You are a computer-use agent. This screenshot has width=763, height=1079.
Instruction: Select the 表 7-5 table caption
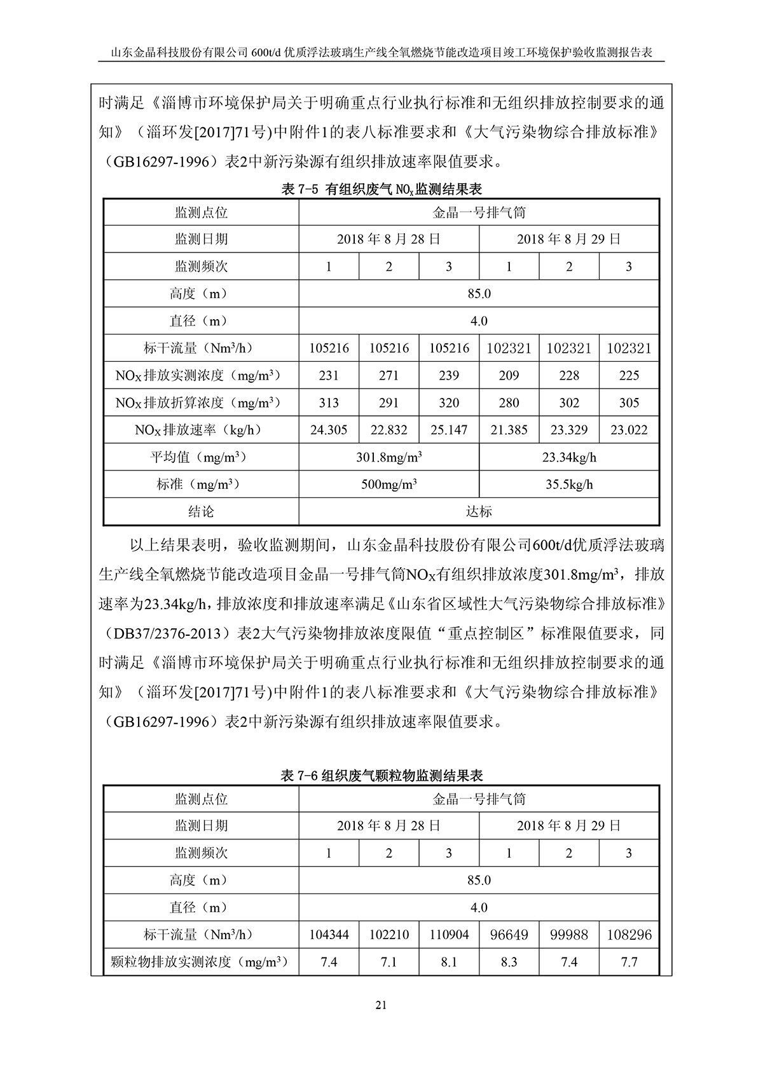coord(381,189)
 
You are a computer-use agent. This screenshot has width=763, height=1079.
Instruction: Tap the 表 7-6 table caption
coord(381,776)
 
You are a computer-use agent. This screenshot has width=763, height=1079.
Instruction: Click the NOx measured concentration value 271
coord(388,375)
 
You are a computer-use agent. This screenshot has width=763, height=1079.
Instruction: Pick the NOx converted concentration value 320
coord(448,402)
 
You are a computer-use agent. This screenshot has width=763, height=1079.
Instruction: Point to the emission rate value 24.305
coord(329,430)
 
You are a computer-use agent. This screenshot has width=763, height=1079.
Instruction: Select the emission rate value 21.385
coord(509,430)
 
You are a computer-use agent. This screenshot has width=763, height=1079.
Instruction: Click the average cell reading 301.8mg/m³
coord(388,457)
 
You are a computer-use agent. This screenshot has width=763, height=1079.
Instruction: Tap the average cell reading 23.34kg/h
coord(569,457)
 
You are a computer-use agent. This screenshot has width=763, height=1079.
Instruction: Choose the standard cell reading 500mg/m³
coord(388,485)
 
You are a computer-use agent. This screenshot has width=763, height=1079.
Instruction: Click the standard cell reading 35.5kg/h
coord(569,485)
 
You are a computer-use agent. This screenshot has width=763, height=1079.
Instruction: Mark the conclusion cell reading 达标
coord(479,511)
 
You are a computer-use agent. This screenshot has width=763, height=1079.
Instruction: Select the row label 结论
coord(201,511)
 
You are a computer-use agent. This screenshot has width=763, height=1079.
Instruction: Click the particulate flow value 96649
coord(509,935)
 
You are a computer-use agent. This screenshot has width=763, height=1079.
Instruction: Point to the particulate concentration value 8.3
coord(509,962)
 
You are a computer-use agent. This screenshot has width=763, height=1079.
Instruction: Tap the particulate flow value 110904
coord(448,935)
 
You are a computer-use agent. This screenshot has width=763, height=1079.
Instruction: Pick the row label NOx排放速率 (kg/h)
coord(201,430)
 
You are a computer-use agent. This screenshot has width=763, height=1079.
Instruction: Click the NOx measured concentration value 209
coord(509,375)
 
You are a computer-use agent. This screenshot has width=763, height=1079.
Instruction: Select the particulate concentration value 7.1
coord(388,962)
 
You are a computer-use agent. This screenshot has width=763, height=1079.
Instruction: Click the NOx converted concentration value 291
coord(388,402)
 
